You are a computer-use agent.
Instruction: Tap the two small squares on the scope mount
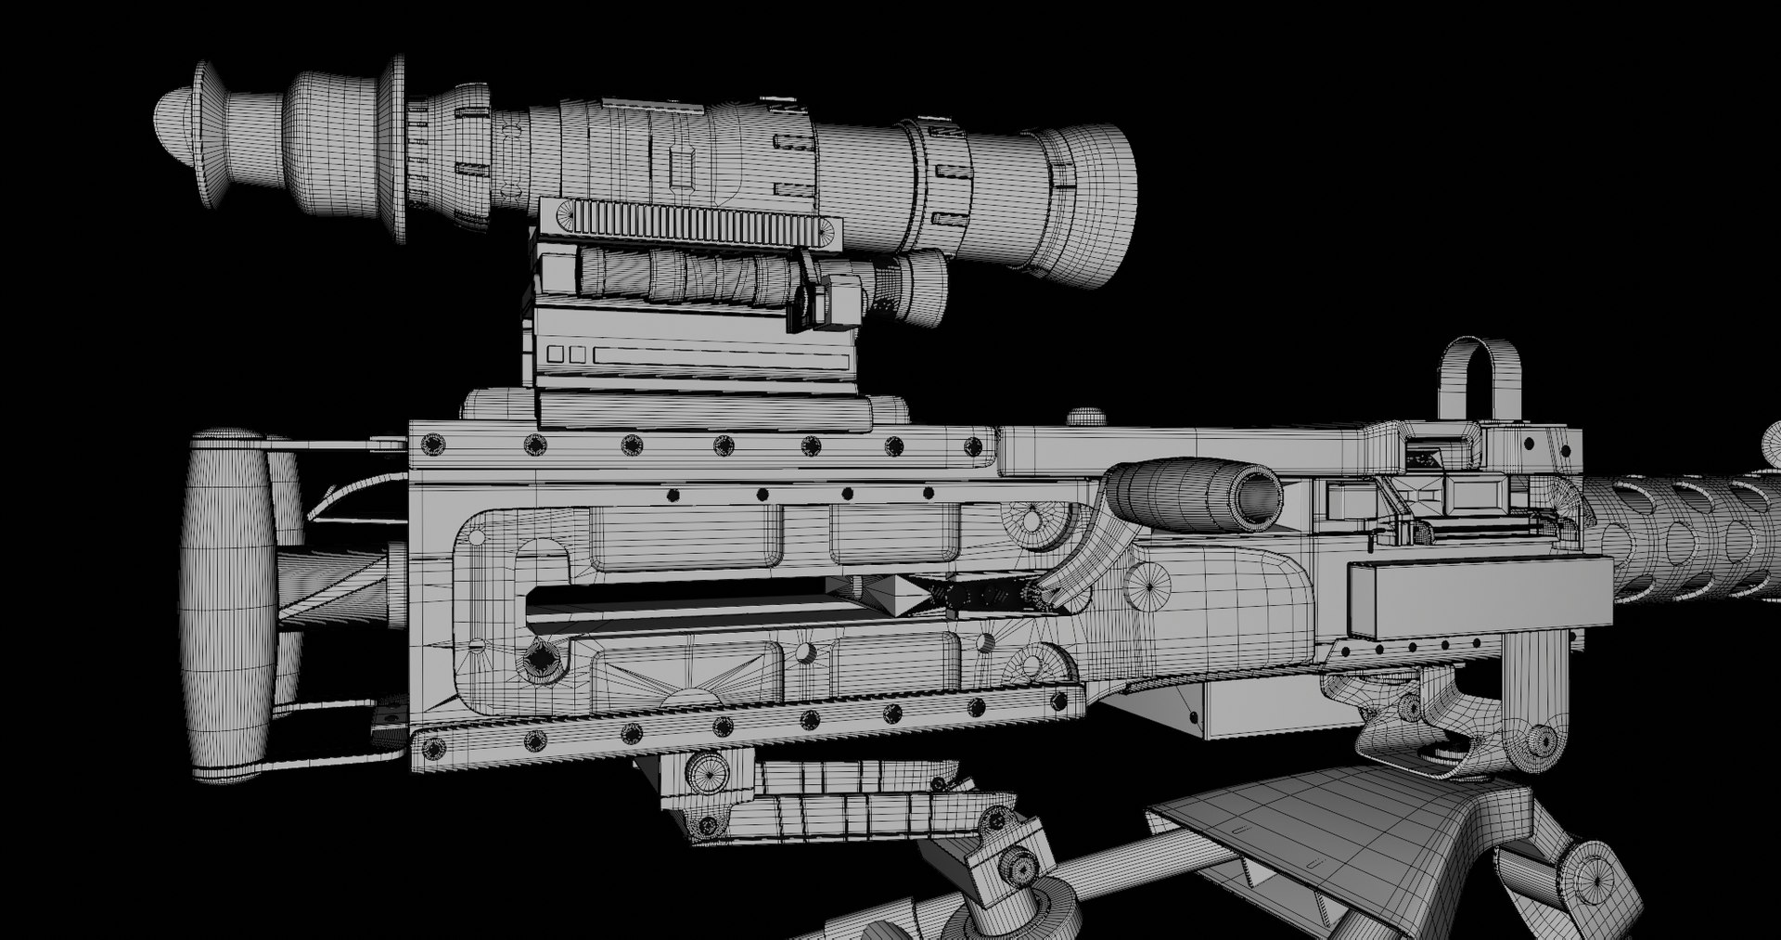point(566,354)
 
